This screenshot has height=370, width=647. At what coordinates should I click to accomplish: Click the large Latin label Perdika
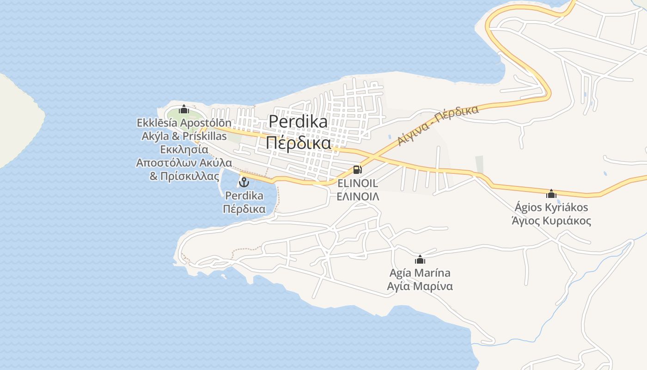298,122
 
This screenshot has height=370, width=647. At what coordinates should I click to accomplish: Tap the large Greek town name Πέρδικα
298,143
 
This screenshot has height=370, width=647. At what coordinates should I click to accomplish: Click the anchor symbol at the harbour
244,182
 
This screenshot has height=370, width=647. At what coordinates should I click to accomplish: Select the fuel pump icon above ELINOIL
357,170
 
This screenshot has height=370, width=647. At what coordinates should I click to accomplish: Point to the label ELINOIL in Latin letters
358,183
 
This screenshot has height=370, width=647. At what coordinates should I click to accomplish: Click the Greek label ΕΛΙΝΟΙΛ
358,197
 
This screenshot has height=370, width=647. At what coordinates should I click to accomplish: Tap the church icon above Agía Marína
420,259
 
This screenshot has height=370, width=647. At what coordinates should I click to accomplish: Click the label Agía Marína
420,273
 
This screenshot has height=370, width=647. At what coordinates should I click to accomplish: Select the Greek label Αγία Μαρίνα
420,286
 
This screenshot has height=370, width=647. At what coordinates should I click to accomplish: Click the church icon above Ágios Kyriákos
551,193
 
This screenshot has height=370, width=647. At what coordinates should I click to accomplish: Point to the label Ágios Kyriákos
551,207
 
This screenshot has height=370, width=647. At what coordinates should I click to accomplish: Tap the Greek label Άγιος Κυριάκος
551,221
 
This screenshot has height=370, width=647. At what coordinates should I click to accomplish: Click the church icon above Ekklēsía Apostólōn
184,109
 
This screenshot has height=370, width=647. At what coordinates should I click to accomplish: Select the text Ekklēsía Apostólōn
184,123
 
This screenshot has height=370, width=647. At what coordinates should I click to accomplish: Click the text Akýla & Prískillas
184,136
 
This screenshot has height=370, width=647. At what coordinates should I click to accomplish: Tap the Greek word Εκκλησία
184,149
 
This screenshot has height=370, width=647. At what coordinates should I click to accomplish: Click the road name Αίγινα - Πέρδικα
438,125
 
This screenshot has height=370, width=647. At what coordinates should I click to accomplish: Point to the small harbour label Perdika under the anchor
244,196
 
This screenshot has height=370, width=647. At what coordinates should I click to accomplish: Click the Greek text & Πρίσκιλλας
184,176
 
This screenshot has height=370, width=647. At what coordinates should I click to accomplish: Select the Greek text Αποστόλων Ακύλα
184,163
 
